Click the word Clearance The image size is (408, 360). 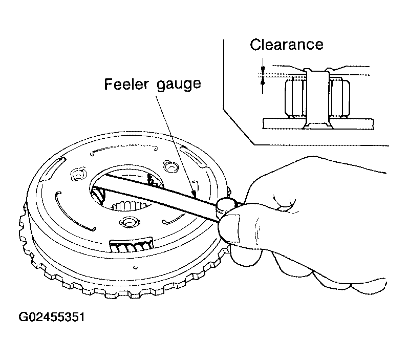[x=287, y=45]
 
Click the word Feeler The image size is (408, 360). [x=126, y=84]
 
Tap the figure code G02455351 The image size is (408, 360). [x=52, y=317]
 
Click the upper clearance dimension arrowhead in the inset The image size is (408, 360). [x=263, y=69]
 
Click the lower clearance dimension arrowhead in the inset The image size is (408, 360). [x=263, y=82]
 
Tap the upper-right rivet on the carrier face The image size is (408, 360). [x=170, y=166]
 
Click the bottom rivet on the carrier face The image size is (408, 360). [x=129, y=222]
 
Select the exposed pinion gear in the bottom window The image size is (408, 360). [x=132, y=245]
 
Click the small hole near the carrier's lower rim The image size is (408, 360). [x=135, y=267]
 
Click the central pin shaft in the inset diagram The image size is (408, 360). [x=317, y=99]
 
